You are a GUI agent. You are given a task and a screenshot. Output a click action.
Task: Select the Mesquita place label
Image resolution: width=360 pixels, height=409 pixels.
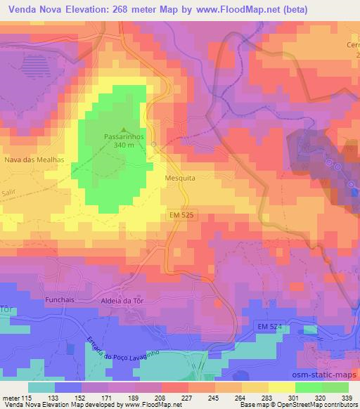(180, 178)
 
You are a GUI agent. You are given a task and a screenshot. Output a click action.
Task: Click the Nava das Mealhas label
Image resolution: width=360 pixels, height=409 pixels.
(34, 160)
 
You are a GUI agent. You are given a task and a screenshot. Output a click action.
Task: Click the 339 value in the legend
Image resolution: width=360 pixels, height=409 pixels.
(347, 396)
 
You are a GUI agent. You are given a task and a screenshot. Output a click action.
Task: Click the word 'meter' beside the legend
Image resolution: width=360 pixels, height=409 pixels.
(11, 396)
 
